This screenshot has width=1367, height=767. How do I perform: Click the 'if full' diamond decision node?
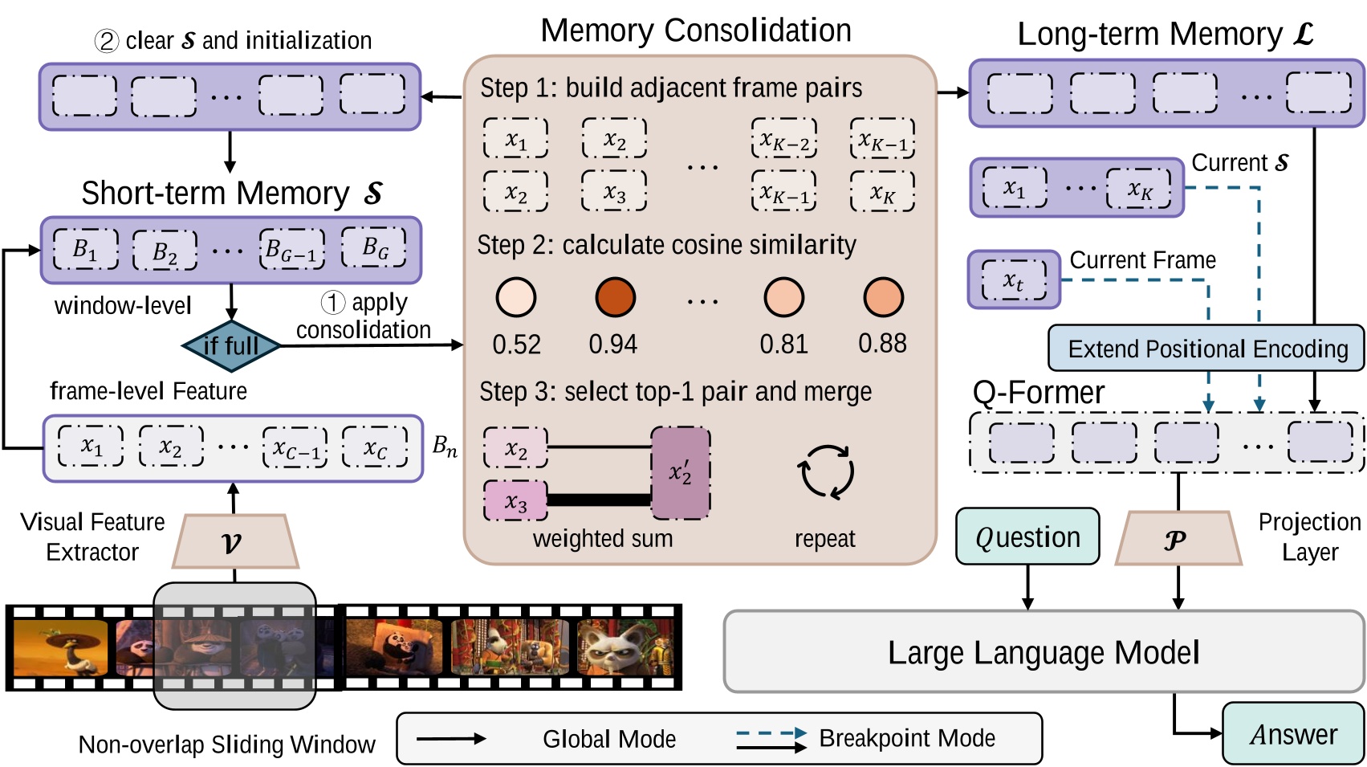click(231, 345)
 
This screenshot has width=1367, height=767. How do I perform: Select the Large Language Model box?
click(1043, 652)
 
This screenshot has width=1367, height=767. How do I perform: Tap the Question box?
click(1027, 536)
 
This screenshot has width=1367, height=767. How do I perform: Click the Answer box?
click(1292, 733)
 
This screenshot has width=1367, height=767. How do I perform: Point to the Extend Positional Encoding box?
click(1206, 349)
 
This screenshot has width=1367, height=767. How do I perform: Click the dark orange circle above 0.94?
click(615, 297)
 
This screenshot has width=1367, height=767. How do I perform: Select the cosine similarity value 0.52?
click(516, 345)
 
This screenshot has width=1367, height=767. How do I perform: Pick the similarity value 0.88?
click(882, 344)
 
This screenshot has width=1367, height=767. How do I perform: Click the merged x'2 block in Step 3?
click(681, 473)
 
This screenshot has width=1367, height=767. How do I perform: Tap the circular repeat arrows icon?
click(825, 472)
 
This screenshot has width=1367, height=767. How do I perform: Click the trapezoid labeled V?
click(234, 542)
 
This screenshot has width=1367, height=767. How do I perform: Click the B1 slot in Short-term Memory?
click(85, 249)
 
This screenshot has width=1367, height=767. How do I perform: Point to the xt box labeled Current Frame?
click(1014, 280)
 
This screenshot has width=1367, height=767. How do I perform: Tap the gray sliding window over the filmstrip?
click(234, 647)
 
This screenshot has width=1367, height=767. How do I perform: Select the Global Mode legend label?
click(608, 739)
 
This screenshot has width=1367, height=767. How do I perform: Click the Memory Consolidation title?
click(695, 31)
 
